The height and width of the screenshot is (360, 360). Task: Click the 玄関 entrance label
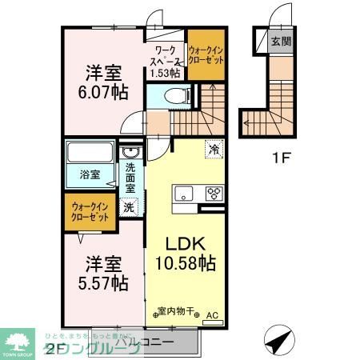coord(281,42)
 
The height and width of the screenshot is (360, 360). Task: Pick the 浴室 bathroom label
coord(89,174)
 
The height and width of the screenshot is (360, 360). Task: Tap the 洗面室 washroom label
coord(130,178)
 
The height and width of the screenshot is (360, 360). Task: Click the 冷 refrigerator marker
coord(214,149)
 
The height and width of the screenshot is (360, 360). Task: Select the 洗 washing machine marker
coord(129,206)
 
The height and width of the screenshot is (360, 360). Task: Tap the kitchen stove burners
coord(214,192)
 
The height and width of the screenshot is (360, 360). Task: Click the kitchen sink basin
coord(182,192)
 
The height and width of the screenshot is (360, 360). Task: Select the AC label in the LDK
coord(212,316)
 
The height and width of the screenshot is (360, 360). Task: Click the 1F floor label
coord(281,157)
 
